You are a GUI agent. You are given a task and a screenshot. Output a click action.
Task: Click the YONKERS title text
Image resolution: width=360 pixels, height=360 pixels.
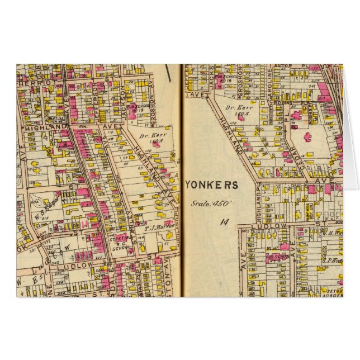point(211,185)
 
